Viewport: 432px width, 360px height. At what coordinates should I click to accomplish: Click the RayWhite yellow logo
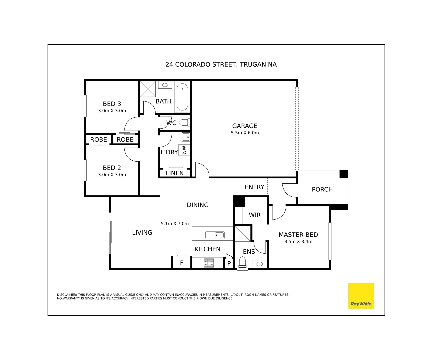point(361,296)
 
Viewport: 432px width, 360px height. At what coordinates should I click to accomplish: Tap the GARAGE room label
point(245,126)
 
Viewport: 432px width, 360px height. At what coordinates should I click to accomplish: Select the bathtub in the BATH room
point(182,97)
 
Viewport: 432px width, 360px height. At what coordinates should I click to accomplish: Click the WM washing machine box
point(184,150)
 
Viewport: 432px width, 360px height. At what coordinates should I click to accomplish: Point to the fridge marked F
point(181,262)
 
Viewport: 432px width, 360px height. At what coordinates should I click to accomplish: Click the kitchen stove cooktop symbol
point(209,263)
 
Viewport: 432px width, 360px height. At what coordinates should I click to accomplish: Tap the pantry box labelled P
point(229,263)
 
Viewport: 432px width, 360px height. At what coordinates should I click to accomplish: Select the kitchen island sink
point(215,235)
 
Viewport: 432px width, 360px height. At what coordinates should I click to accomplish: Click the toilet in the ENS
point(242,262)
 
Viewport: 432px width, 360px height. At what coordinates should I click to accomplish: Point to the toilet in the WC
point(184,123)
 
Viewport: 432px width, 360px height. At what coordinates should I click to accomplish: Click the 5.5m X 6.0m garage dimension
point(245,133)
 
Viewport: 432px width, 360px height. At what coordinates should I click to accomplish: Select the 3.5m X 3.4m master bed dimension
point(298,242)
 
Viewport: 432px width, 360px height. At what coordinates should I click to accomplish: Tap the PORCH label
point(322,189)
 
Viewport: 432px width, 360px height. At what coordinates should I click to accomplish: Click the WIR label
point(255,215)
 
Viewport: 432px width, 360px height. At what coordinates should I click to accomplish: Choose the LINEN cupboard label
point(175,173)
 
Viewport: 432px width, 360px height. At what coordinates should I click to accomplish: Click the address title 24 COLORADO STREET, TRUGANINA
point(221,64)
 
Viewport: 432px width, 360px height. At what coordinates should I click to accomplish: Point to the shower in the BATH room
point(148,89)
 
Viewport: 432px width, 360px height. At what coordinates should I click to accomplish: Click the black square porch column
point(344,174)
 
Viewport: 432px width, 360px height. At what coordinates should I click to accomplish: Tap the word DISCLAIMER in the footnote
point(67,295)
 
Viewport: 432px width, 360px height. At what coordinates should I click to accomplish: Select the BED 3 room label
point(112,104)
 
